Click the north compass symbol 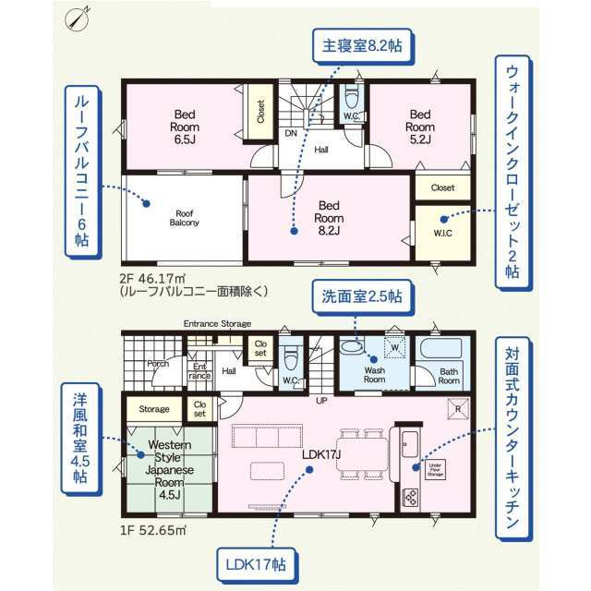79,18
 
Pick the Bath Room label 449,375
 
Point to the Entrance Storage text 217,324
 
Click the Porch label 157,364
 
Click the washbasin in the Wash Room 351,348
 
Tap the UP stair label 321,402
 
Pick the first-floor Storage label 154,408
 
